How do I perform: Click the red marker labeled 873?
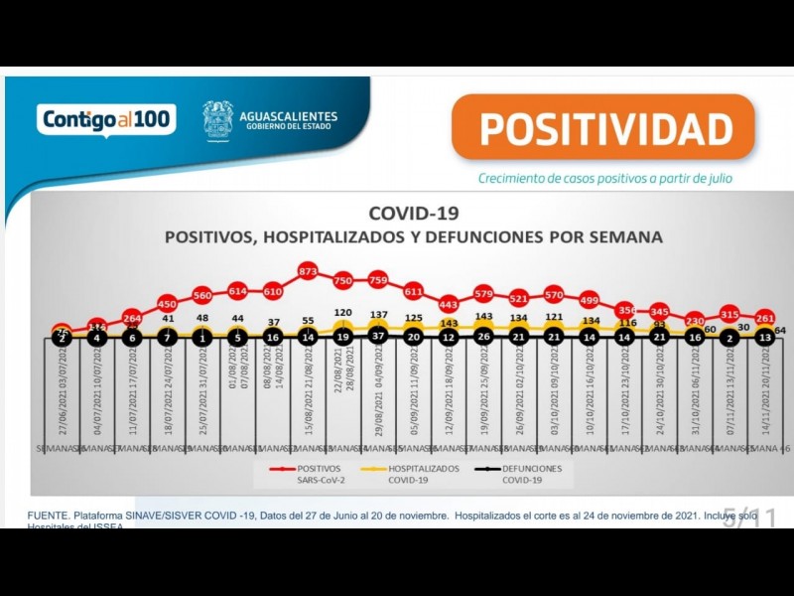308,270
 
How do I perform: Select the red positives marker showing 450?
167,303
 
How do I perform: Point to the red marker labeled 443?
449,304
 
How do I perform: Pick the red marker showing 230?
695,321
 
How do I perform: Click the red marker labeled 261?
765,318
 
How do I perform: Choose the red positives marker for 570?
554,295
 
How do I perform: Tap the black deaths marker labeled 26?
483,337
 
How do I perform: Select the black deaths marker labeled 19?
342,337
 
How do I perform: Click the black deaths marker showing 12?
449,337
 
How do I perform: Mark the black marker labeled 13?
765,337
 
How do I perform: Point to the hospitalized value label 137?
378,314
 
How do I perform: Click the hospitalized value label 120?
342,312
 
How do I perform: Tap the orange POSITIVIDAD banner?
603,128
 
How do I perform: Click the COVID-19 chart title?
413,213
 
